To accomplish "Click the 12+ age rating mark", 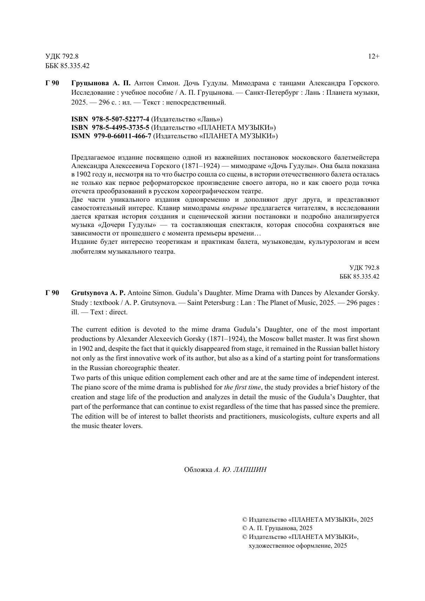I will (373, 56).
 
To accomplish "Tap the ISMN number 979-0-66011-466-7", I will (122, 136).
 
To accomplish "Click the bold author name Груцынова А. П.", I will (101, 83).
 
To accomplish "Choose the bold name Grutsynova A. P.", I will (98, 293).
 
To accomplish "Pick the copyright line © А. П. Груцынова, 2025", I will (277, 528).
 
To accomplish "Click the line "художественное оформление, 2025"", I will (298, 546).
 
